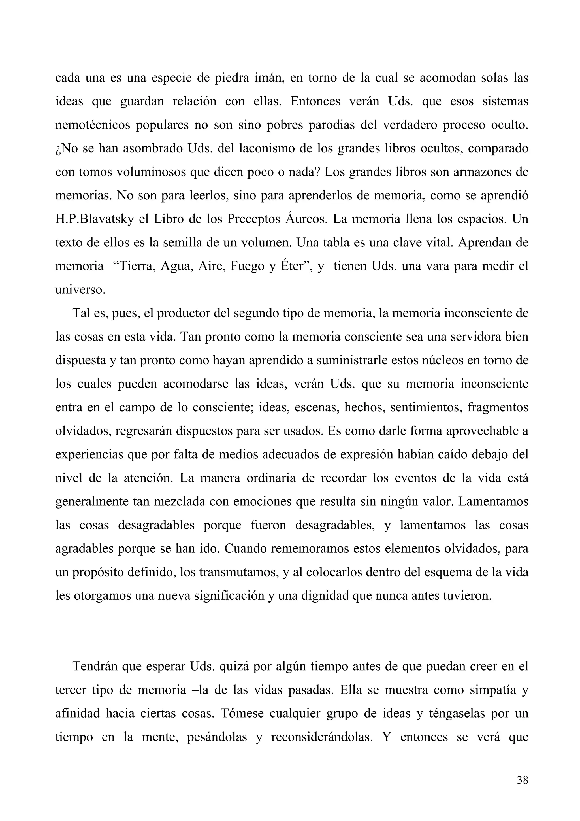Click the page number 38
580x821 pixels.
(523, 780)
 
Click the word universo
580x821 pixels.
(80, 290)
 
